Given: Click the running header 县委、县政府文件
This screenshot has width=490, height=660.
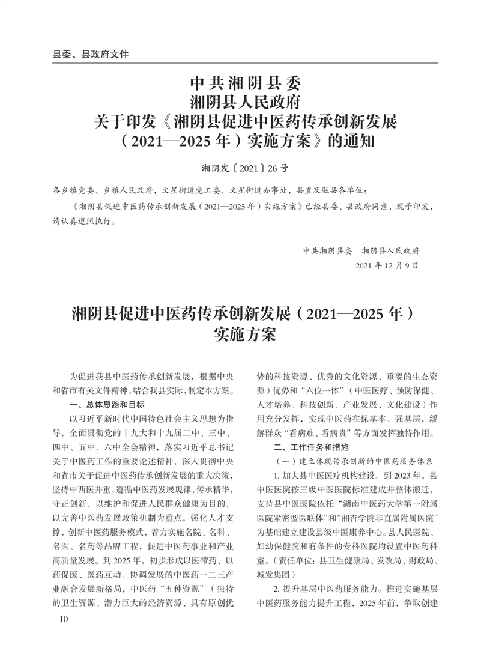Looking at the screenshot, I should coord(91,54).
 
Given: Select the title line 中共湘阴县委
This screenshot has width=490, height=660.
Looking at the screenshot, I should coord(245,81).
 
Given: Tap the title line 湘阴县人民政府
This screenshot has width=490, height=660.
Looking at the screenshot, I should coord(245,101).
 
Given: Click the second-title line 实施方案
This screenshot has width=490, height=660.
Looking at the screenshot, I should coord(245,335).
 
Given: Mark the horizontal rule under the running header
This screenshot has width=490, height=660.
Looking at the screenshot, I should coord(245,63).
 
